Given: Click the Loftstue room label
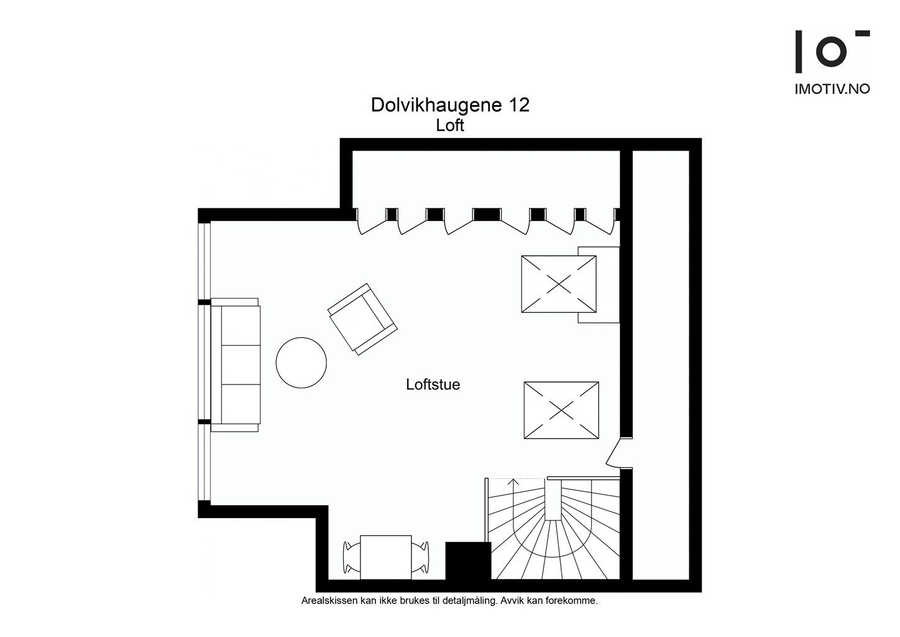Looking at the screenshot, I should tap(433, 384).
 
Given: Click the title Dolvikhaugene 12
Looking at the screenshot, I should tap(450, 105).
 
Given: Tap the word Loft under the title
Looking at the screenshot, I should tap(450, 126).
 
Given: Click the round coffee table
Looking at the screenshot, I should tap(301, 363).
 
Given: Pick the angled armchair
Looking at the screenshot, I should tap(362, 319).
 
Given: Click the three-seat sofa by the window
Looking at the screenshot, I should tap(236, 365).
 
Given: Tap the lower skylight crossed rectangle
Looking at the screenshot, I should tap(561, 411).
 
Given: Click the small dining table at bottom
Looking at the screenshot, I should tap(385, 556).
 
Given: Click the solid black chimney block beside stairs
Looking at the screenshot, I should tap(468, 560).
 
